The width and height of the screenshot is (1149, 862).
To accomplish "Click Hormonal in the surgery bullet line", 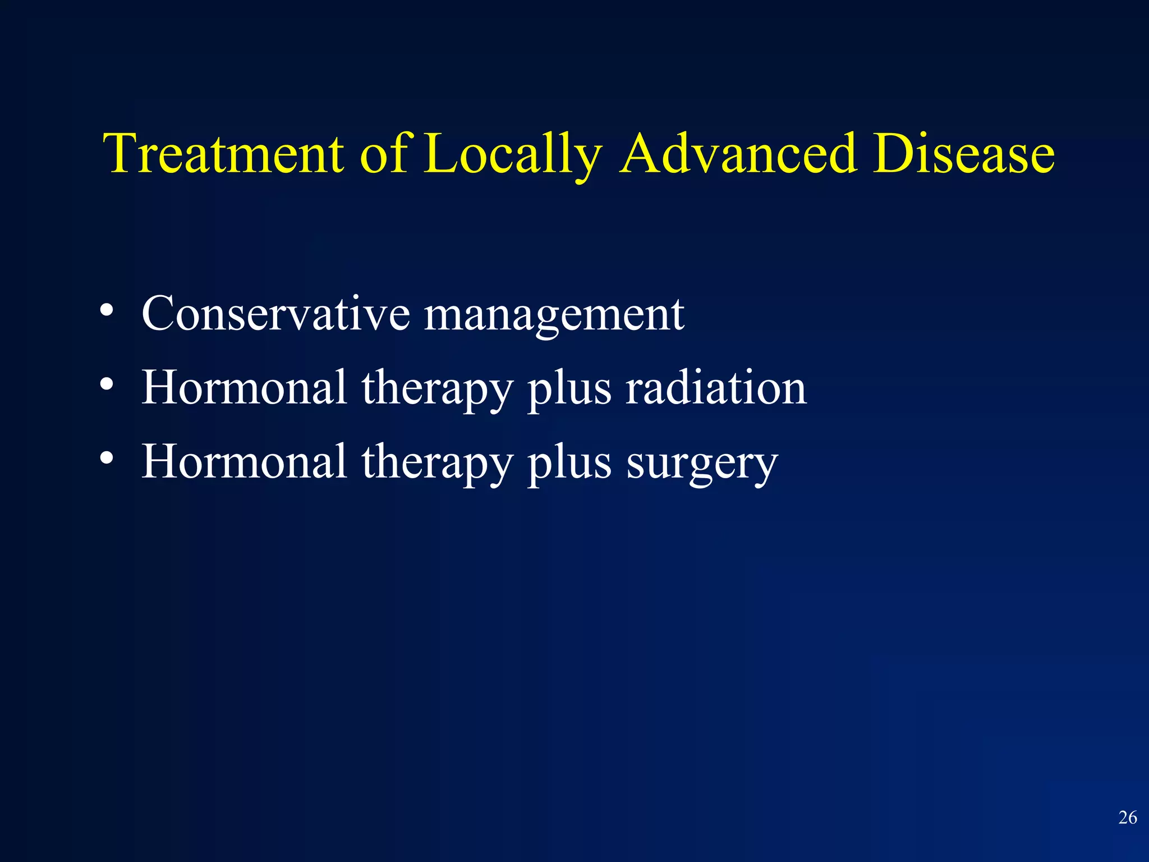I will coord(244,461).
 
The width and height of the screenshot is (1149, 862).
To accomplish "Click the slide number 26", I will coord(1128,818).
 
